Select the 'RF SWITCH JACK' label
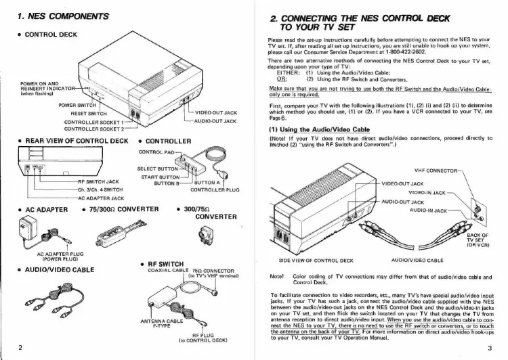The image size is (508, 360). coord(100,182)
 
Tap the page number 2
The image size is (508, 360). coord(22,348)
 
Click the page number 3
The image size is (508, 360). coord(488,348)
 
